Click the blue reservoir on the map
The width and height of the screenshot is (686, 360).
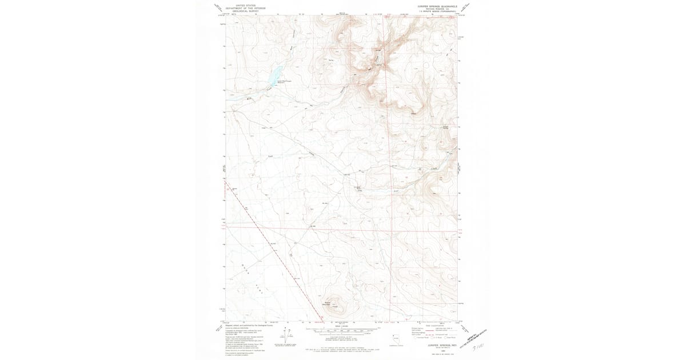[x=273, y=74]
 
